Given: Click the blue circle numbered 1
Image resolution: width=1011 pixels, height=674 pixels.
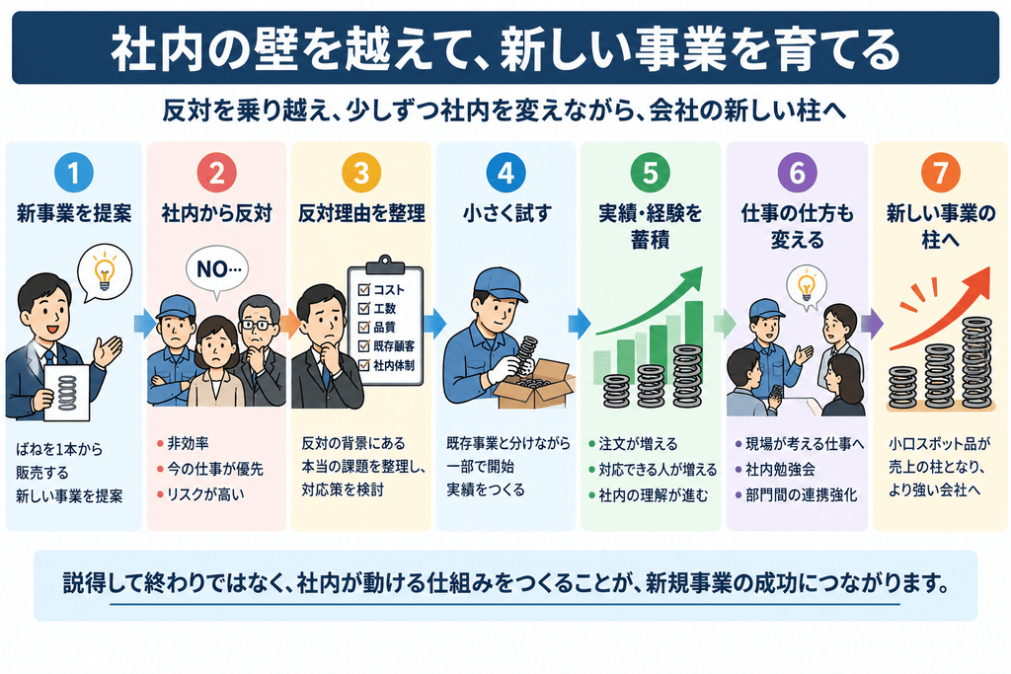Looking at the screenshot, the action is [73, 173].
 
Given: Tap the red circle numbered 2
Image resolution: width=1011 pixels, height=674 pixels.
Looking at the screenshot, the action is [216, 173].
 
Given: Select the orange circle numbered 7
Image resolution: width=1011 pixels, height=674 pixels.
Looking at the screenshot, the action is [941, 173].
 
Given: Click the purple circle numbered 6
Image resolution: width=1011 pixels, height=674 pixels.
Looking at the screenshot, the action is [797, 173].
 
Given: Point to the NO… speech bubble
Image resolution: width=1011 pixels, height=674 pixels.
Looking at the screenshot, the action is [217, 269].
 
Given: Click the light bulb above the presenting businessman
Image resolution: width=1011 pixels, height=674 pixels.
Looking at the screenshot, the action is [104, 269].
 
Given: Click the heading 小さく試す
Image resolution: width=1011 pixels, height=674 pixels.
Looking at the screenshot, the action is [506, 213].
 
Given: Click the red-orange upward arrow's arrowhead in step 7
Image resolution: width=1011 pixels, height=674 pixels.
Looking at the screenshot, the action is [974, 283].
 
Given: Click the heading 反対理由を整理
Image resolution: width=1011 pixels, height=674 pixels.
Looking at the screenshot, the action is [361, 213].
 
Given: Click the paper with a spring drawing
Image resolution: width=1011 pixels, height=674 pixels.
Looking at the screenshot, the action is [66, 393].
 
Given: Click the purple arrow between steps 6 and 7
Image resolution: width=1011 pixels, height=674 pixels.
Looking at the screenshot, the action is [872, 324].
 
